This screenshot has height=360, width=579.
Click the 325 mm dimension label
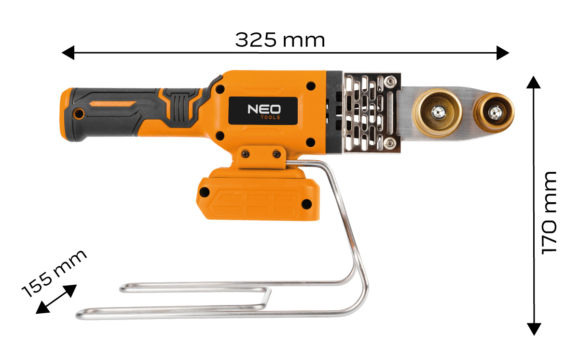pyautogui.click(x=280, y=40)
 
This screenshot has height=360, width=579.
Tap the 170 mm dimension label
pyautogui.click(x=549, y=213)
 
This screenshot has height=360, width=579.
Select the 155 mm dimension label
pyautogui.click(x=54, y=273)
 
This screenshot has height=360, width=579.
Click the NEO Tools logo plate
pyautogui.click(x=263, y=111)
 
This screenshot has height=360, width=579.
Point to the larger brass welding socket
pyautogui.click(x=437, y=113)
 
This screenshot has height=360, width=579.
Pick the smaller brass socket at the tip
pyautogui.click(x=494, y=112)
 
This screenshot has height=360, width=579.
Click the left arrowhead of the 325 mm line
pyautogui.click(x=68, y=53)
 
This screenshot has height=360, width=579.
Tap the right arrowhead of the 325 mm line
pyautogui.click(x=503, y=53)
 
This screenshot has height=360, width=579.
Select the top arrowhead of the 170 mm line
pyautogui.click(x=534, y=82)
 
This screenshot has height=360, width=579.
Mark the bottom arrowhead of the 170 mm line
pyautogui.click(x=534, y=329)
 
